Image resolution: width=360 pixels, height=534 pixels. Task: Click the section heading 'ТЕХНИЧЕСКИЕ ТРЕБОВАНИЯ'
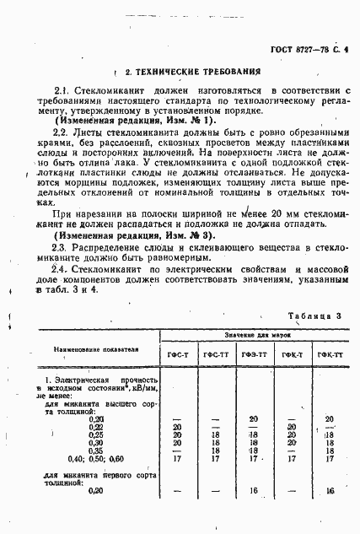(x=188, y=73)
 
